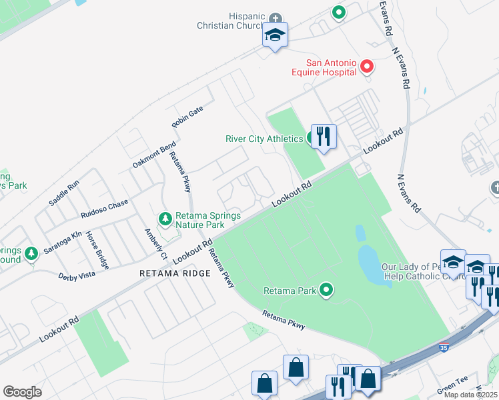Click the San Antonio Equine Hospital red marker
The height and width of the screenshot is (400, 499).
click(366, 67)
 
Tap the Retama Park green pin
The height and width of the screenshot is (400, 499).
click(326, 289)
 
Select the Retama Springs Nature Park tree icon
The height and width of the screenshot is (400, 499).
click(165, 219)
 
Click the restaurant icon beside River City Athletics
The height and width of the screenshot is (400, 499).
click(324, 137)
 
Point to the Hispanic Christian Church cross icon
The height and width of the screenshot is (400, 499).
click(276, 17)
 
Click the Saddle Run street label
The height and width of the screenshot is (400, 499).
click(64, 193)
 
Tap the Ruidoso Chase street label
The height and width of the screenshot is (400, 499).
click(104, 209)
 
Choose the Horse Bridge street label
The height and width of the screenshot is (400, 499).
click(97, 250)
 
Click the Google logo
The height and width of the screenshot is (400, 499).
click(22, 391)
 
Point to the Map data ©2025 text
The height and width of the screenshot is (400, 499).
click(470, 394)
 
